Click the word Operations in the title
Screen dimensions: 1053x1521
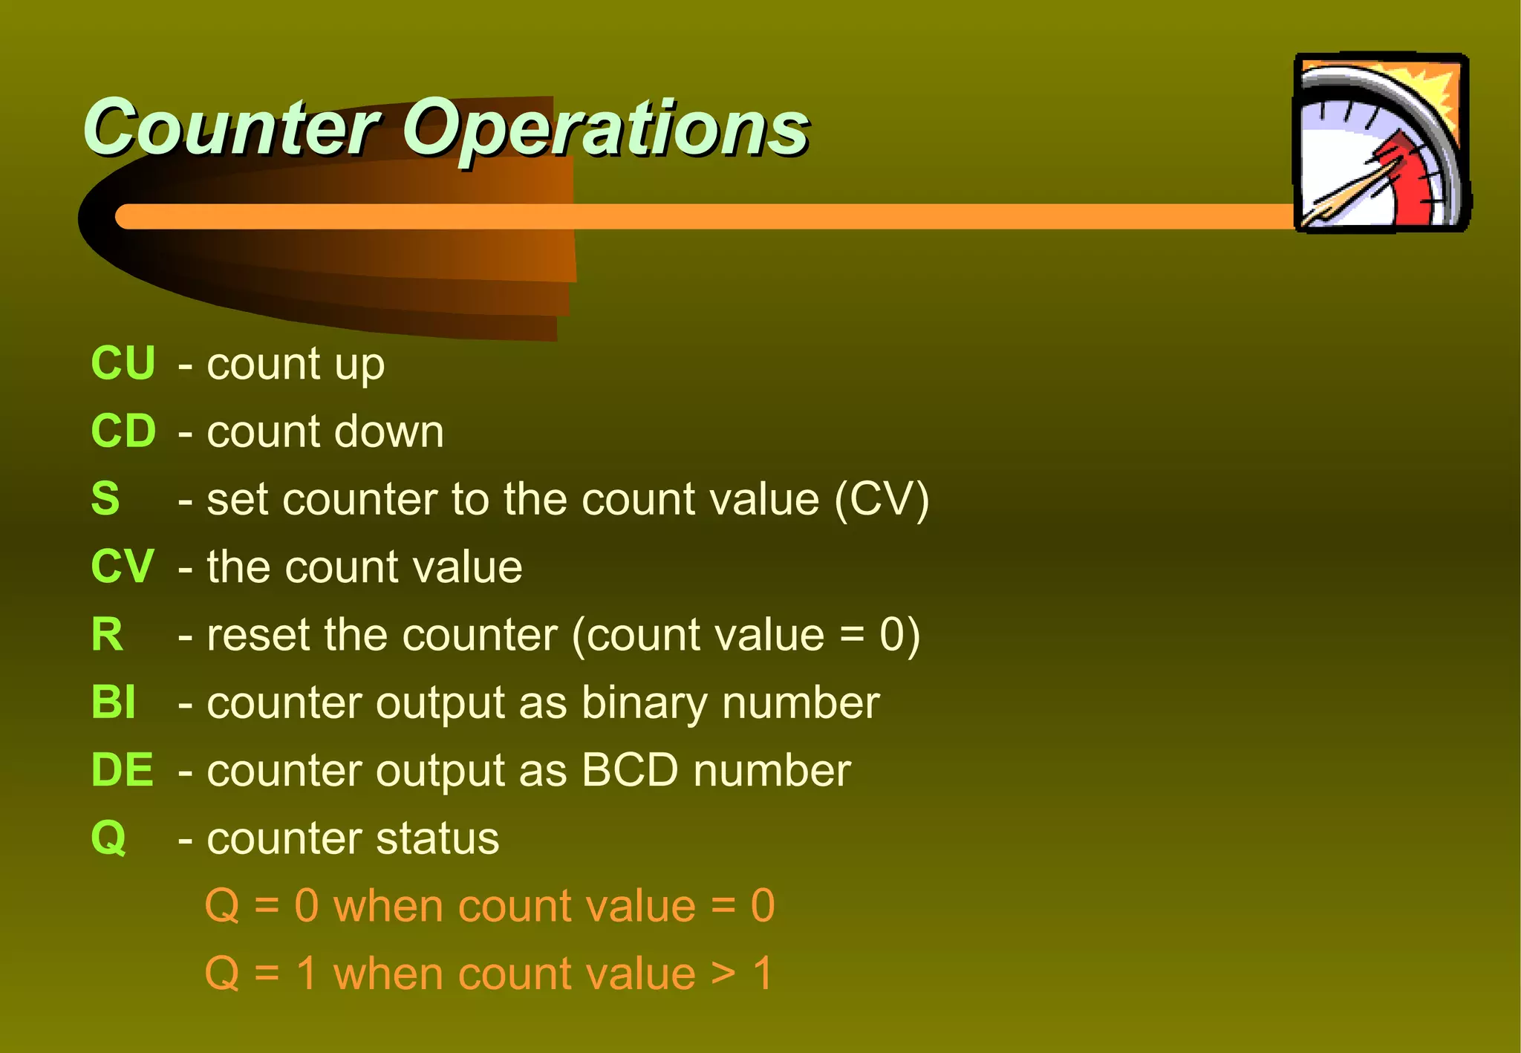(x=605, y=130)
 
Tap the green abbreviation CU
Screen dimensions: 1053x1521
(x=123, y=363)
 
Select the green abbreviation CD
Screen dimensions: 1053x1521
(x=123, y=431)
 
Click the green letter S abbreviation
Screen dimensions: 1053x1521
(x=105, y=498)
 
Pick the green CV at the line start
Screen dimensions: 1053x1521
(x=122, y=567)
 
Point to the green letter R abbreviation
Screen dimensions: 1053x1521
(x=107, y=635)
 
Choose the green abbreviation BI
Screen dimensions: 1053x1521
(x=113, y=702)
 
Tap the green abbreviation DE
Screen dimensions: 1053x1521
(x=122, y=770)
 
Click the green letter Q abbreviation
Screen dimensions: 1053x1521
(x=108, y=838)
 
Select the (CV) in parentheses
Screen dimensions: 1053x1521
(x=882, y=499)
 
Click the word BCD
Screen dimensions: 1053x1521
(x=630, y=770)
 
